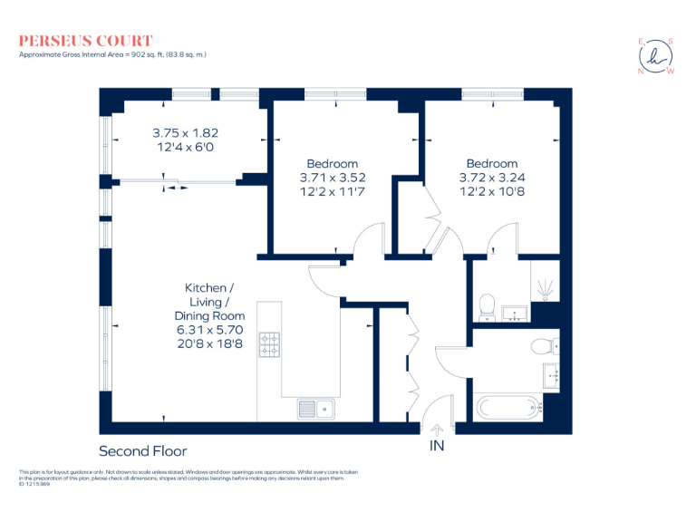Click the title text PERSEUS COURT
[86, 41]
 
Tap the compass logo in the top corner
[656, 56]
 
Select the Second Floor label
[142, 450]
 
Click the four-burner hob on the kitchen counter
[270, 345]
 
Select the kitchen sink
[315, 409]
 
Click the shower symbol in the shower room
[546, 288]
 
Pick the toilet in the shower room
[487, 304]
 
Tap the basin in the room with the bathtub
[550, 372]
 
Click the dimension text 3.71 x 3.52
[332, 178]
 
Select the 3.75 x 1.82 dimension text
[185, 131]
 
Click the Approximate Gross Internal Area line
[113, 55]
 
